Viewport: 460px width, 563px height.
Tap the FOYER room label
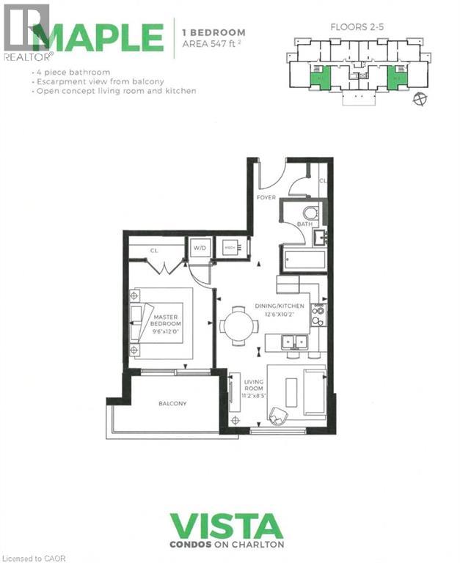pyautogui.click(x=265, y=197)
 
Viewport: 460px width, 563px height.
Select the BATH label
pyautogui.click(x=304, y=224)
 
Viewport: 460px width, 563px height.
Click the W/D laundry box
pyautogui.click(x=200, y=248)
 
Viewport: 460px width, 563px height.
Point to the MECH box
pyautogui.click(x=230, y=248)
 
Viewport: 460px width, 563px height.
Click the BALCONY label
pyautogui.click(x=172, y=403)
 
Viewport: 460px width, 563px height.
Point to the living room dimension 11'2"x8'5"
pyautogui.click(x=253, y=397)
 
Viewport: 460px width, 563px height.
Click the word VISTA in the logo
pyautogui.click(x=226, y=527)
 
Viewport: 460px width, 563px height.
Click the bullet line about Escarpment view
pyautogui.click(x=109, y=81)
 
